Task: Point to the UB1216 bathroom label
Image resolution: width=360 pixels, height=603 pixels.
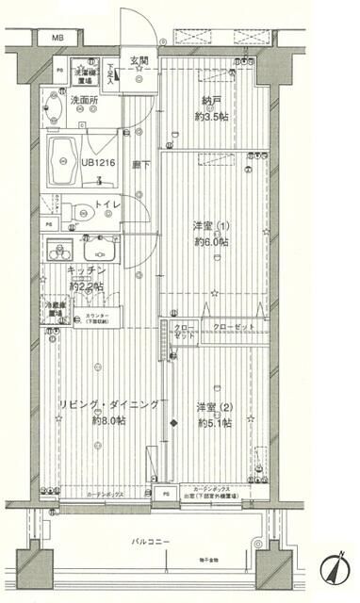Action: click(x=97, y=162)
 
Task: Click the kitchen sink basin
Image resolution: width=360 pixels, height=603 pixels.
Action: click(x=97, y=250)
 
